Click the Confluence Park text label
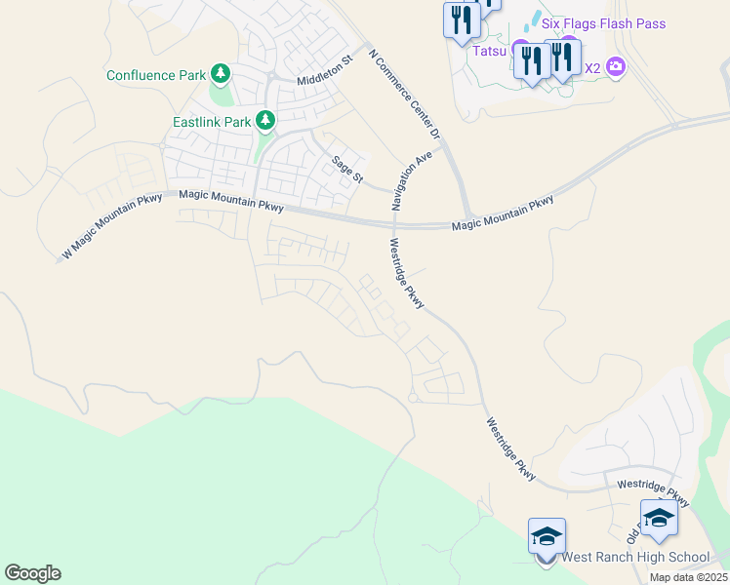156,75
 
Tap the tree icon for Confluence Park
222,74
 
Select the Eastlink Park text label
212,122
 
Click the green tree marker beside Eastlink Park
265,121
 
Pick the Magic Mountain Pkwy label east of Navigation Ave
503,214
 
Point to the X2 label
591,68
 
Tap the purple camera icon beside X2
616,67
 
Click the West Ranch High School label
635,558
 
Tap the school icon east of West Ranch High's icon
659,519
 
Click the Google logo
32,573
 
